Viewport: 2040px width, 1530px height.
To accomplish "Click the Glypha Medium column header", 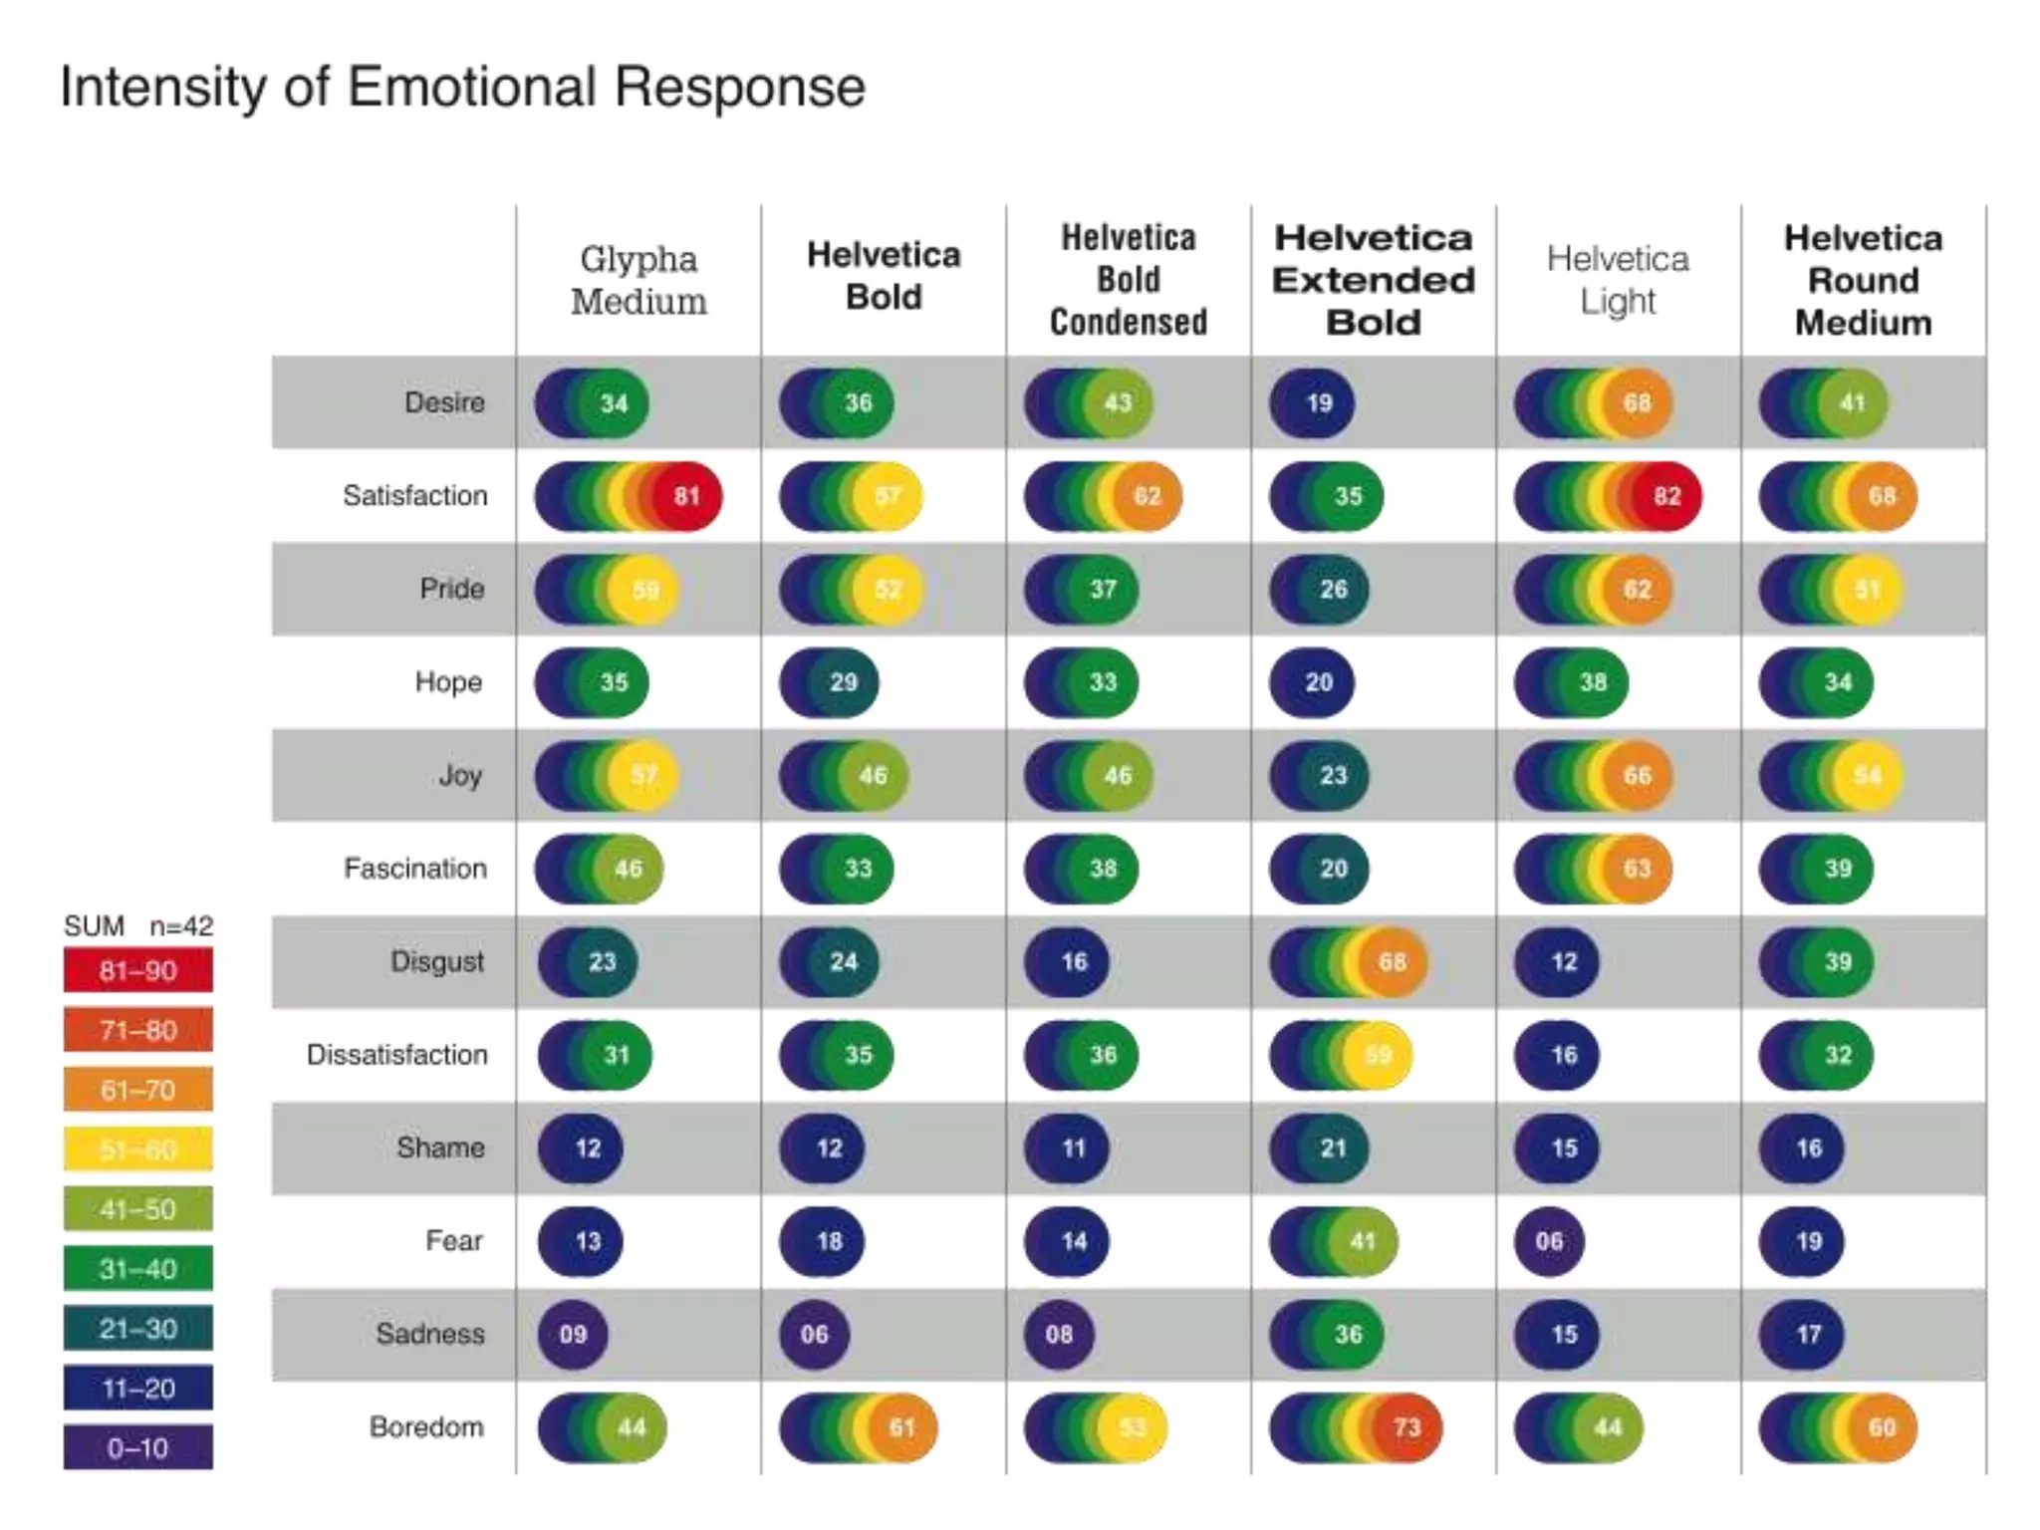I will (x=638, y=280).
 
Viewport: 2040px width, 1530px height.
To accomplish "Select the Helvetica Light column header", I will (x=1618, y=280).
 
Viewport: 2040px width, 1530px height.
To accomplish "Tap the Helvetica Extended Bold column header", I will (x=1374, y=280).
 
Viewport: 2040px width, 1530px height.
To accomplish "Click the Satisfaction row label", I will (x=414, y=496).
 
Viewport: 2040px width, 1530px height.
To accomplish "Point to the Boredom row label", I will (x=426, y=1427).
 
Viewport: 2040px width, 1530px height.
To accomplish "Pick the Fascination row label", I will (x=414, y=869).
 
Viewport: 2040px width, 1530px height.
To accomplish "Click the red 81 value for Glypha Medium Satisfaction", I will (x=686, y=496).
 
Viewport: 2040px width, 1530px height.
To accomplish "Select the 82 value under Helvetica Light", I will (x=1666, y=496).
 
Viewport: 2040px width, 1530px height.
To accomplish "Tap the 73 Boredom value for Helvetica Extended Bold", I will (x=1406, y=1427).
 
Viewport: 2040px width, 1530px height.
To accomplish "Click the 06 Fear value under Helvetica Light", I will (x=1549, y=1241).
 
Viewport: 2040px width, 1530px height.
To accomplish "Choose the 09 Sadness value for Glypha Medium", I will (x=573, y=1335).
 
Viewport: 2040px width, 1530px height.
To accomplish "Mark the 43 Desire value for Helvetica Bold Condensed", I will (x=1118, y=403).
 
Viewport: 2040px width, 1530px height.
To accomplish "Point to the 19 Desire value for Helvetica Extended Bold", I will (x=1319, y=403).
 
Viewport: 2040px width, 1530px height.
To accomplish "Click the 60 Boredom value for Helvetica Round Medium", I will (x=1882, y=1427).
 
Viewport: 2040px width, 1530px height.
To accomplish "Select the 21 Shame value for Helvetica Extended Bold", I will (x=1333, y=1148).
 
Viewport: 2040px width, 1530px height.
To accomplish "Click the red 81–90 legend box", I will (x=138, y=970).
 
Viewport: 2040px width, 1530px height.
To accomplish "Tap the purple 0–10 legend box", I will (x=138, y=1447).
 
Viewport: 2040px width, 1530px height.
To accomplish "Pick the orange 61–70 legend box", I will (x=138, y=1090).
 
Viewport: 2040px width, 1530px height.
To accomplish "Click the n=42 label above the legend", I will (x=181, y=926).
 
